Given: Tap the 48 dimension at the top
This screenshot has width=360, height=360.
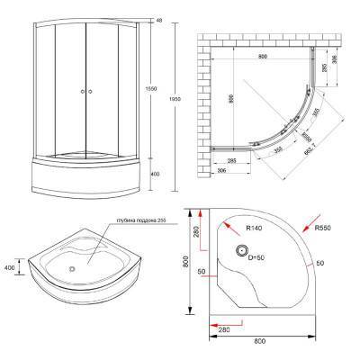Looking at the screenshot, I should pyautogui.click(x=159, y=19).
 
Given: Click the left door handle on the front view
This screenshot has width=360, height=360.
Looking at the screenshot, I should pyautogui.click(x=81, y=92).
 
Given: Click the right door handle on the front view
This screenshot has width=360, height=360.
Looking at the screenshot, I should pyautogui.click(x=92, y=92).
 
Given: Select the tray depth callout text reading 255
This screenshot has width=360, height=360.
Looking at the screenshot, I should pyautogui.click(x=134, y=222).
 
